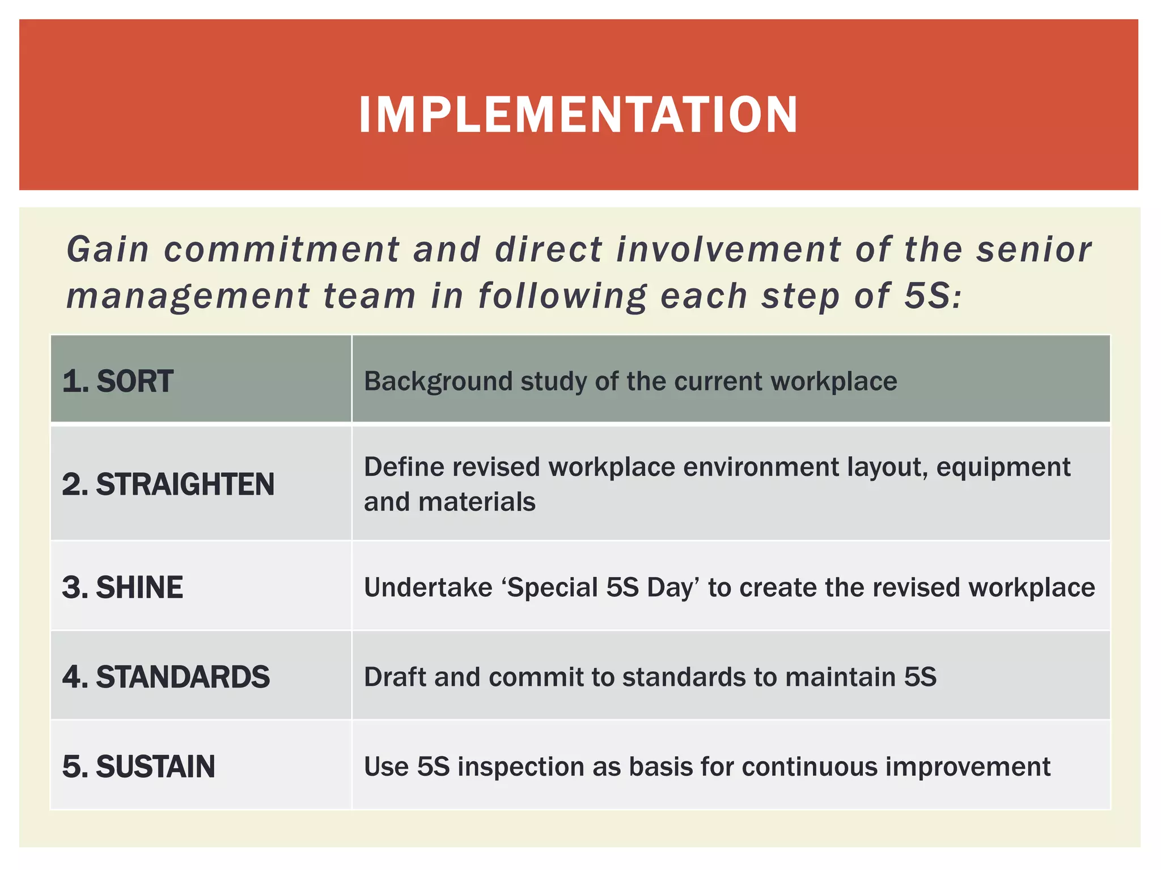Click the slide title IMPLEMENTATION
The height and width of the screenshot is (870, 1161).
pos(578,115)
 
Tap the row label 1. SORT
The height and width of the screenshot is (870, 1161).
pos(118,381)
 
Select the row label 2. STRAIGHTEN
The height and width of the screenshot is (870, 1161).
pos(168,485)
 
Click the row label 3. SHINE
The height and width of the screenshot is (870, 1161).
pos(122,587)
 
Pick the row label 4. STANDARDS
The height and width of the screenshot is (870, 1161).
pos(166,677)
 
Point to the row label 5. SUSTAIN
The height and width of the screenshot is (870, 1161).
pos(138,767)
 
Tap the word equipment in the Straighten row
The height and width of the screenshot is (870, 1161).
pos(1003,468)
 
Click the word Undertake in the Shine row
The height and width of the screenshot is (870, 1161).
pos(428,587)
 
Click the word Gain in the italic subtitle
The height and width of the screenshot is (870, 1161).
pos(108,250)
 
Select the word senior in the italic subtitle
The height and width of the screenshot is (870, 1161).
pos(1033,250)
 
